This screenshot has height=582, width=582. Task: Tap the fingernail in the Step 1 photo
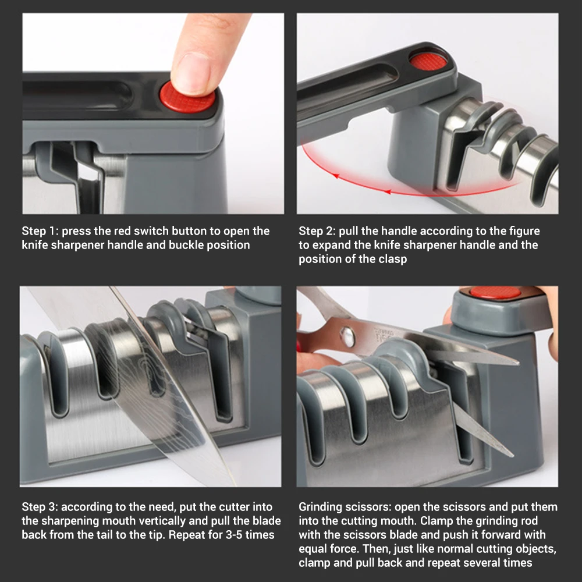tap(190, 72)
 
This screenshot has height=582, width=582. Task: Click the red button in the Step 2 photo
tap(429, 59)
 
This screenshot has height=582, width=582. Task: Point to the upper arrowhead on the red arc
tap(335, 176)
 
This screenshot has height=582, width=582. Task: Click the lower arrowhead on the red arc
tap(387, 191)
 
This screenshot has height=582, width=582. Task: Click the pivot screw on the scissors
tap(347, 336)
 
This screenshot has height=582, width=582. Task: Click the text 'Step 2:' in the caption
tap(317, 231)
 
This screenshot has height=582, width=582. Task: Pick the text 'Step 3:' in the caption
tap(40, 507)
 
